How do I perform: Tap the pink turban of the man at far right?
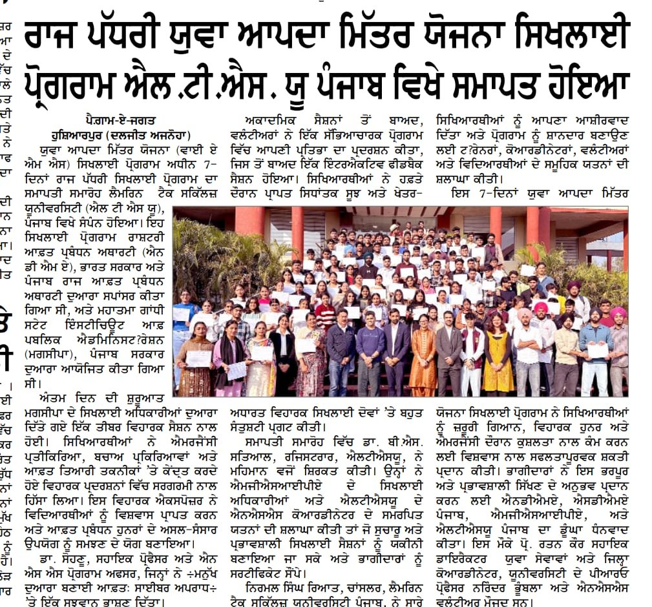pos(618,313)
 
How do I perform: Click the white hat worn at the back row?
pos(394,228)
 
